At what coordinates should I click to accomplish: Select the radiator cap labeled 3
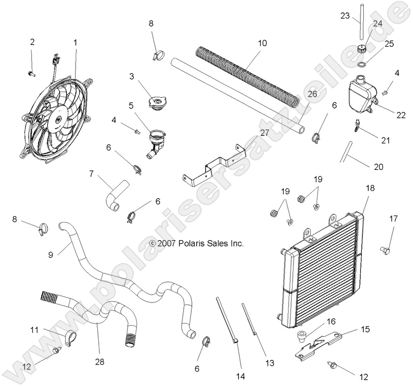[x=155, y=104]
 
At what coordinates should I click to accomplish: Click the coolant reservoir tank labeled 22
[x=361, y=93]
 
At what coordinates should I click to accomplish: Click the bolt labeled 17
[x=385, y=250]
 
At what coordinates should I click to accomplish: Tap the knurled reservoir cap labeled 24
[x=362, y=49]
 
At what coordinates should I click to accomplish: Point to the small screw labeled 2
[x=31, y=73]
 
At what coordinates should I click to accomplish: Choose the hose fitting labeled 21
[x=355, y=127]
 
